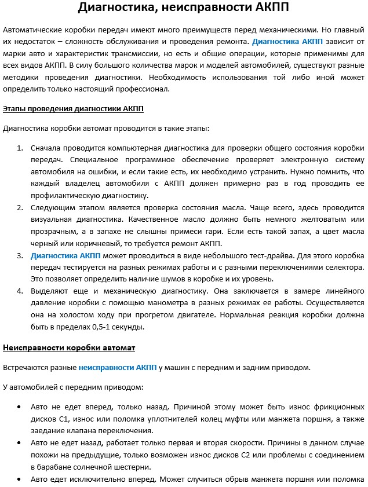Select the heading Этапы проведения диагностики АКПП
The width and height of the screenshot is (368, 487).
click(73, 108)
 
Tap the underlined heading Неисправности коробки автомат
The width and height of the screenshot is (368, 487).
click(69, 347)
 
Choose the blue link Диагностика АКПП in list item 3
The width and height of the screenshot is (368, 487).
click(65, 255)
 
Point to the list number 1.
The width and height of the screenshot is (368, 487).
click(20, 148)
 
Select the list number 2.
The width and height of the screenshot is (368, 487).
click(20, 207)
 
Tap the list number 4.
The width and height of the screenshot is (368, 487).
click(20, 290)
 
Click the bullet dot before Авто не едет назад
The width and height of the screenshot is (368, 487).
click(20, 442)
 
